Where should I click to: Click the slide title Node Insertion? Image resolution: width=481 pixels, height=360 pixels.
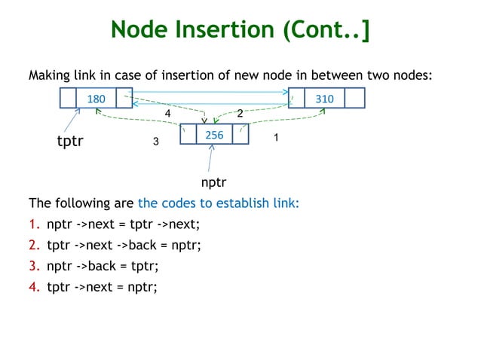tap(240, 30)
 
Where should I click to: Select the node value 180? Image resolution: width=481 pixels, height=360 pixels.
tap(97, 99)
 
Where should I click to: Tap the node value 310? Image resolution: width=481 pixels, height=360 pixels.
tap(325, 99)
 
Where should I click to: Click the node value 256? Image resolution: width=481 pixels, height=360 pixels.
tap(215, 134)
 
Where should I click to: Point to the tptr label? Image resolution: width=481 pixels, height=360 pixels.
tap(70, 141)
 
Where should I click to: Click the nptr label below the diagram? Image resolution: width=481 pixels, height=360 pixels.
tap(213, 182)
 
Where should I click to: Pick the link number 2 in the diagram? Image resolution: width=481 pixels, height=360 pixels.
tap(240, 113)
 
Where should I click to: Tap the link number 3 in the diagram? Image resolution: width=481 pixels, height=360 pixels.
tap(156, 142)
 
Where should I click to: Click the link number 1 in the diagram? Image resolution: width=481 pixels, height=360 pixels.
tap(276, 139)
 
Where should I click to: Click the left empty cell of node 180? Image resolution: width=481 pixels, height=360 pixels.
tap(69, 99)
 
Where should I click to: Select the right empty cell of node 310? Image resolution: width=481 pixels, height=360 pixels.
tap(355, 99)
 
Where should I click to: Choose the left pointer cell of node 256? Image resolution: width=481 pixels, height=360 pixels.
tap(188, 134)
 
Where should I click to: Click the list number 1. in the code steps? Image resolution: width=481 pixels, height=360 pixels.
tap(34, 224)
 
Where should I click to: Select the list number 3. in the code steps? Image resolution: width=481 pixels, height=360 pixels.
tap(34, 265)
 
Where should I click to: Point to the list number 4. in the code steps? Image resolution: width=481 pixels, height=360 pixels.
tap(34, 285)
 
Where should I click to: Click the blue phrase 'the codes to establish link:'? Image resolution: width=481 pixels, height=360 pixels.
tap(219, 203)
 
